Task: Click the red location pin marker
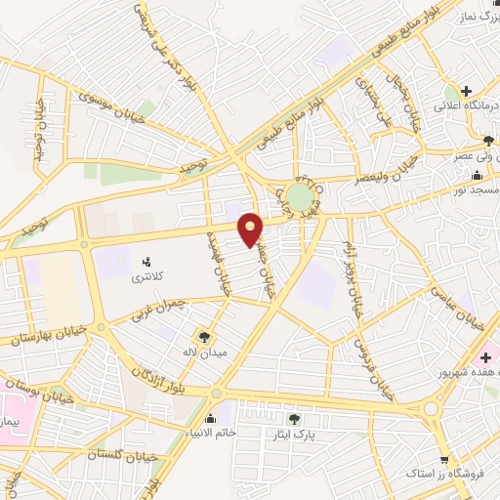[251, 229]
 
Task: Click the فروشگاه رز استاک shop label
[451, 473]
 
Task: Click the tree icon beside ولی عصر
[488, 143]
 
